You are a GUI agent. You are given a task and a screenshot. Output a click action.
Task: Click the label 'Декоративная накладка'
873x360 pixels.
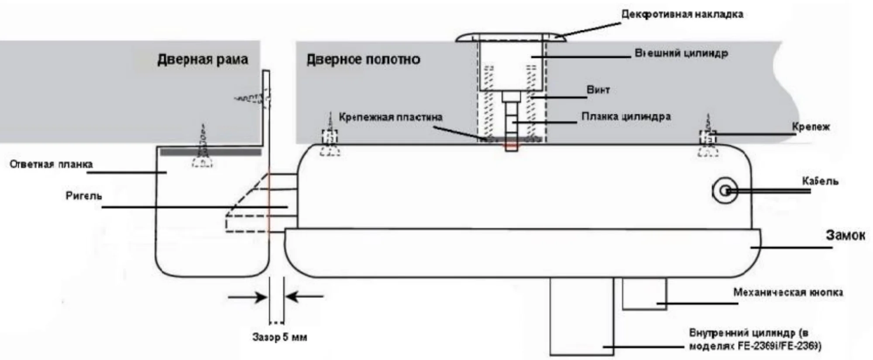pos(682,14)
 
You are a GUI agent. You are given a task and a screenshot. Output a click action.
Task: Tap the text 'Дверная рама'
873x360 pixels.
pos(203,59)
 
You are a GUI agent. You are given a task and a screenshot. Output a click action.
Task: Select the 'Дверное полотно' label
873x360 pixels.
pos(363,59)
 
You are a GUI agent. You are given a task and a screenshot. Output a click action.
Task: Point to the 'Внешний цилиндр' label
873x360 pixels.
pos(681,53)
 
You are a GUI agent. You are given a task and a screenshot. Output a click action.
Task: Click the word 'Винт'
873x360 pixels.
pos(598,90)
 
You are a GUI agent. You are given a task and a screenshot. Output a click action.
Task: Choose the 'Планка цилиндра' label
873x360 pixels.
pos(626,117)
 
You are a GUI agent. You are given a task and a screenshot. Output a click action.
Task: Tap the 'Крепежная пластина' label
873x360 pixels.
pos(390,117)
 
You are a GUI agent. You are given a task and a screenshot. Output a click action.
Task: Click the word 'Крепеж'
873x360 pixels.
pos(811,127)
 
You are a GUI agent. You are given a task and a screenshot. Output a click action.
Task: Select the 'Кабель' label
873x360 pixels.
pos(820,181)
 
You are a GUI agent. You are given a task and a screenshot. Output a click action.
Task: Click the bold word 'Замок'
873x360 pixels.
pos(845,236)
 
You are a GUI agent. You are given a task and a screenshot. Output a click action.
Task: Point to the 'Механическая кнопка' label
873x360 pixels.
pos(787,292)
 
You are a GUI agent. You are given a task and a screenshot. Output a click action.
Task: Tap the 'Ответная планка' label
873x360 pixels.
pos(51,165)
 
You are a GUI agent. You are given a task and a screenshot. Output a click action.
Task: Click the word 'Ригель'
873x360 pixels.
pos(83,196)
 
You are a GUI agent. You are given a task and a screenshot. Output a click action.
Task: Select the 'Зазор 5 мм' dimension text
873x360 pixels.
pos(279,337)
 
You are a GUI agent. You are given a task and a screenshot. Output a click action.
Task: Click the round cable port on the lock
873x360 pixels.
pos(725,191)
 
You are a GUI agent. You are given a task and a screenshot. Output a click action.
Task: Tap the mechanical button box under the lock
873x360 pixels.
pos(644,294)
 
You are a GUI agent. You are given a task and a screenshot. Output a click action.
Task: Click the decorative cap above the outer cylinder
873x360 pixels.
pos(511,38)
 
